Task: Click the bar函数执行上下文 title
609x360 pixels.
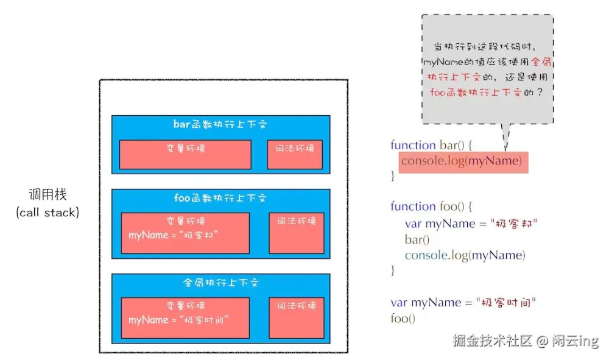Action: coord(220,124)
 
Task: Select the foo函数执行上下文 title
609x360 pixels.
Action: coord(220,199)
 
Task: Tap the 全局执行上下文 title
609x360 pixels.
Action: coord(221,283)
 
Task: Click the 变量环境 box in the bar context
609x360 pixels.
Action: coord(185,154)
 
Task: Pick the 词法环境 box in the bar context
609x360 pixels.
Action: coord(295,154)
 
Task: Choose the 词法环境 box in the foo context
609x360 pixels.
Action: coord(296,233)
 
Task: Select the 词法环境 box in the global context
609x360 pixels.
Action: coord(296,317)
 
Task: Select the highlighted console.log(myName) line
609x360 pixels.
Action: coord(461,161)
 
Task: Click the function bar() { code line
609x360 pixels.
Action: coord(431,145)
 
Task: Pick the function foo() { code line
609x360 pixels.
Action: coord(431,206)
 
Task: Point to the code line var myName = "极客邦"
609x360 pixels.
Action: coord(471,223)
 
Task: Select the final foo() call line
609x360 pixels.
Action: coord(403,318)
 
